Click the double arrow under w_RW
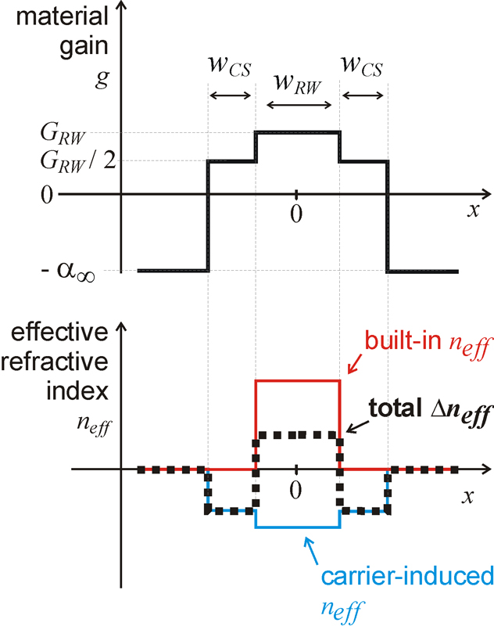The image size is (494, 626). point(297,105)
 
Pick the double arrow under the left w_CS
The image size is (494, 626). point(231,95)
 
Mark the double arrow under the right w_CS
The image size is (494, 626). point(363,95)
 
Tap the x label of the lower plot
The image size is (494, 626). point(467,497)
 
